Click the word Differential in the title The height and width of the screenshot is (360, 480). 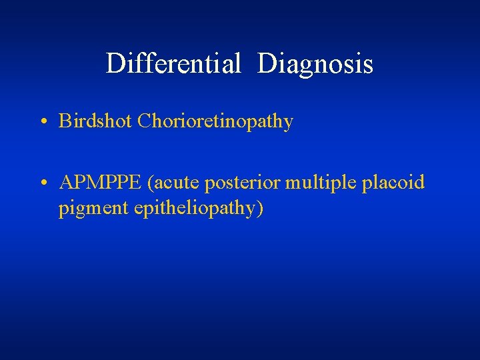[x=173, y=64]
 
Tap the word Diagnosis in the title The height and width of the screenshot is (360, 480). [x=315, y=64]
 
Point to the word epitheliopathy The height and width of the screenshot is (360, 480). [x=194, y=209]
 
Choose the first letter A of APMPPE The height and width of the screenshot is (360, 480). [x=66, y=183]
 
